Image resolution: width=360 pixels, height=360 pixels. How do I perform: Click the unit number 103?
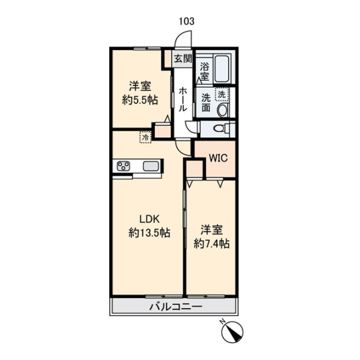click(187, 21)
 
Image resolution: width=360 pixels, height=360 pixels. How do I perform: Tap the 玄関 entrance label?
click(183, 58)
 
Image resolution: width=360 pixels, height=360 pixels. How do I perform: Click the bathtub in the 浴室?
click(222, 68)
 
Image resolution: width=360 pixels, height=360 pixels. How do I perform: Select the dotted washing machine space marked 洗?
click(222, 94)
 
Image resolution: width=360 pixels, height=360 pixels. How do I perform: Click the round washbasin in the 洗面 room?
click(223, 110)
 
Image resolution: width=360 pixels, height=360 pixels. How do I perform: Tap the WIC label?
click(218, 158)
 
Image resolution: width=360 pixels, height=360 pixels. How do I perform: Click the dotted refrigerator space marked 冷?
click(146, 137)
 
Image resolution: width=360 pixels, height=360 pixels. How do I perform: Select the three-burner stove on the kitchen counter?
click(124, 166)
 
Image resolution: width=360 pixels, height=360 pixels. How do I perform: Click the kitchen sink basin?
click(151, 166)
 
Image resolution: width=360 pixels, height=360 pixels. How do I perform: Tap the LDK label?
click(150, 219)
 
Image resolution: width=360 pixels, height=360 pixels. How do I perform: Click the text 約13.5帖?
click(149, 233)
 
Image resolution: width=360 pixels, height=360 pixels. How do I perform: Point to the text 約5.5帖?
click(140, 100)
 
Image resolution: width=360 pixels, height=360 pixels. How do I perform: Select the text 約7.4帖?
click(211, 244)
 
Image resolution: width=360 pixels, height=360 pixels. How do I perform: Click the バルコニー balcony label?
click(175, 307)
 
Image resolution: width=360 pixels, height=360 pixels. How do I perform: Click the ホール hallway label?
click(183, 99)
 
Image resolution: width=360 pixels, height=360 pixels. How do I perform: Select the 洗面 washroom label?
click(206, 103)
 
